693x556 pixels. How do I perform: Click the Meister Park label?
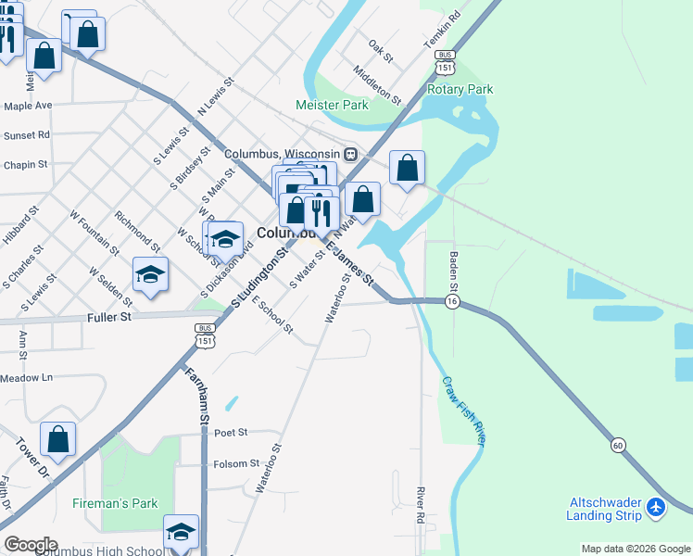[x=332, y=106]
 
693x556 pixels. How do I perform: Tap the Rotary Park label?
[x=460, y=90]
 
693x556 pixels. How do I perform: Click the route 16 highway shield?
[x=452, y=302]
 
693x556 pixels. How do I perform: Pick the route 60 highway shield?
[x=617, y=447]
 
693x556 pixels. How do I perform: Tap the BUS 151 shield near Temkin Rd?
[x=445, y=63]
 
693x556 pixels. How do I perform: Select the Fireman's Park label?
[x=116, y=504]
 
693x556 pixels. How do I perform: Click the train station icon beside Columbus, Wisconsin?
[x=350, y=154]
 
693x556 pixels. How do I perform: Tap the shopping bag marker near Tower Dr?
[x=57, y=442]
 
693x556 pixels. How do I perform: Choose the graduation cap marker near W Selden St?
[x=150, y=275]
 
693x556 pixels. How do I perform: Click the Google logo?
[x=31, y=545]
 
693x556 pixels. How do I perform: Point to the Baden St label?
[x=455, y=270]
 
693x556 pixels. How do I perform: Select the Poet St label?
[x=231, y=432]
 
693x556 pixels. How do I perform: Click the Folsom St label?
[x=236, y=463]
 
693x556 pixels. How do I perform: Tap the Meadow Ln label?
[x=27, y=378]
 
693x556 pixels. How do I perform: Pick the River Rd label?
[x=420, y=505]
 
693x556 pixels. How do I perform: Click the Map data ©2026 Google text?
[x=635, y=549]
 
